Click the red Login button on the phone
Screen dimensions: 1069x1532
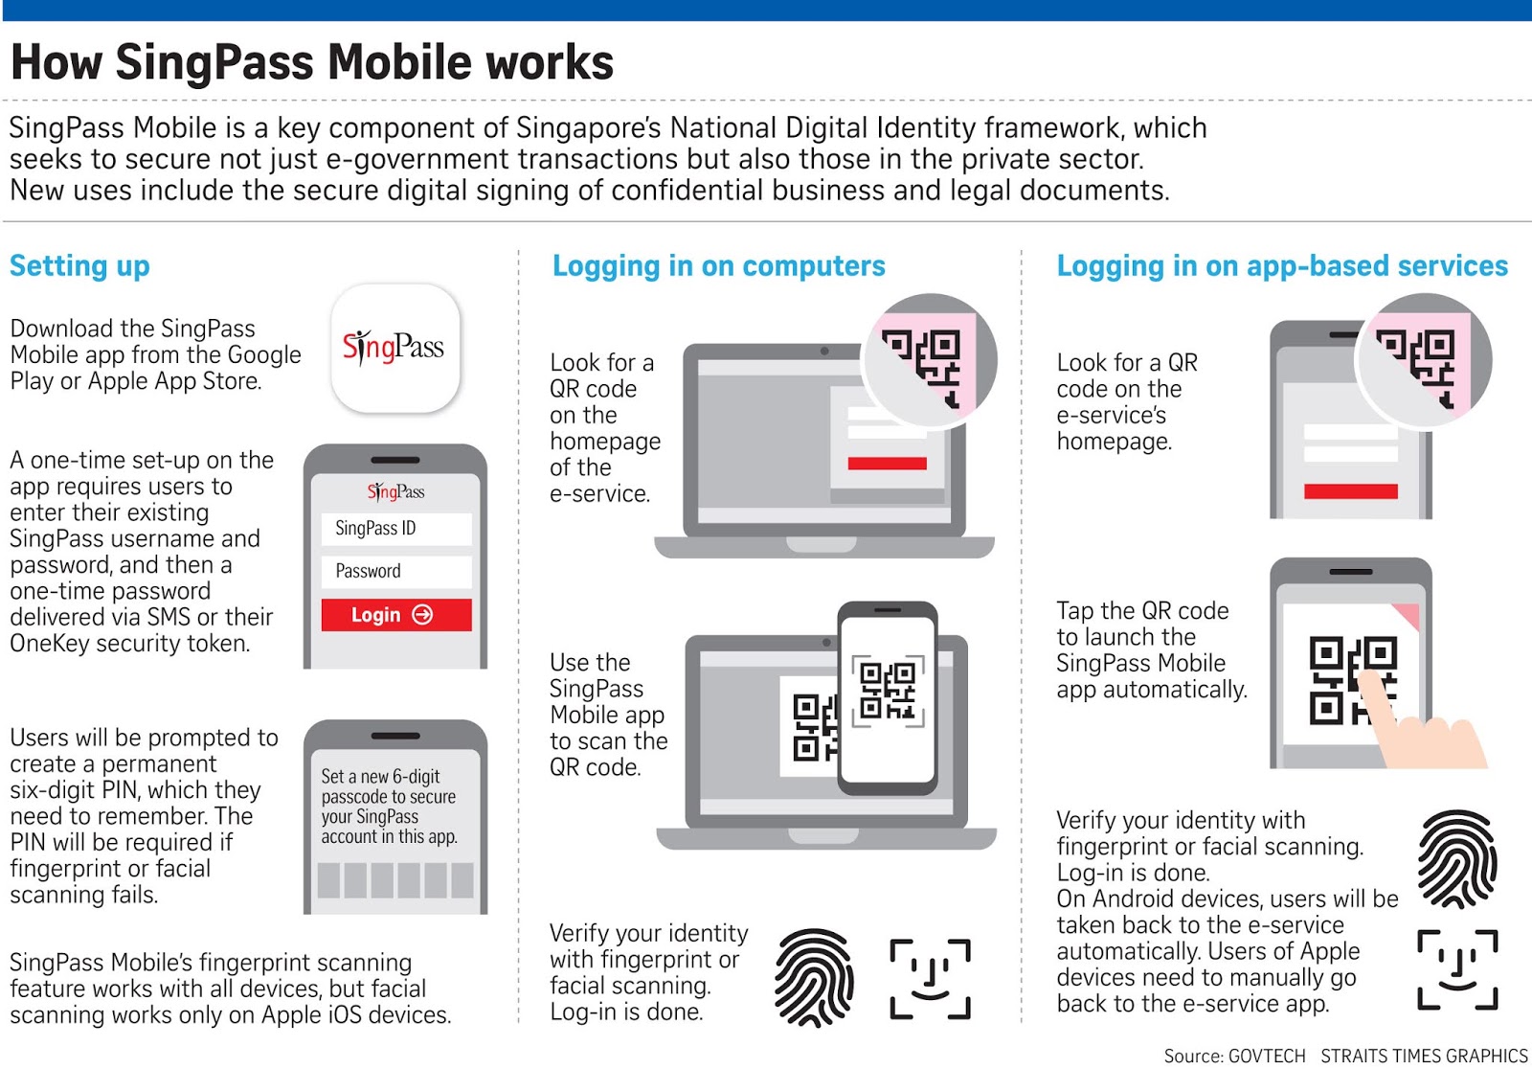click(395, 615)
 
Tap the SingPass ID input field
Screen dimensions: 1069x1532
click(395, 529)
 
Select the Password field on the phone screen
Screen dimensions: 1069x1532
click(395, 572)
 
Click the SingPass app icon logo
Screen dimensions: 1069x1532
click(394, 348)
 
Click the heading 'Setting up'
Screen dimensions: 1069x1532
click(79, 266)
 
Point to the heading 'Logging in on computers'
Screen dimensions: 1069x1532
click(718, 266)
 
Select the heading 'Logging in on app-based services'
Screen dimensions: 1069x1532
click(1281, 266)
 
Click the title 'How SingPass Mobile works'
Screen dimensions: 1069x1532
click(312, 62)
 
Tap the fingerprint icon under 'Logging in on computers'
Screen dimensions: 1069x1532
click(814, 977)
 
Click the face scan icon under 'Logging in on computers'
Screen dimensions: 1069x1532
click(930, 978)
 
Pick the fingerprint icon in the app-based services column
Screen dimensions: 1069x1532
click(1456, 859)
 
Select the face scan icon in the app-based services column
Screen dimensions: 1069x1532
click(1456, 969)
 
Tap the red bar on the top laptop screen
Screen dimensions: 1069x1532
click(887, 464)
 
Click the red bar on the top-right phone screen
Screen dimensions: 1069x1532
click(1350, 491)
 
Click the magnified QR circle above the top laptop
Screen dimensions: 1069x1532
click(930, 360)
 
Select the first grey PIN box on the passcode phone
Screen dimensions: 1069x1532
click(329, 879)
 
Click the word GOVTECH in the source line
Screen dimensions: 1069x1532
click(1266, 1056)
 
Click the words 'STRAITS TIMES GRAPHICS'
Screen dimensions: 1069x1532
click(1424, 1056)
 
